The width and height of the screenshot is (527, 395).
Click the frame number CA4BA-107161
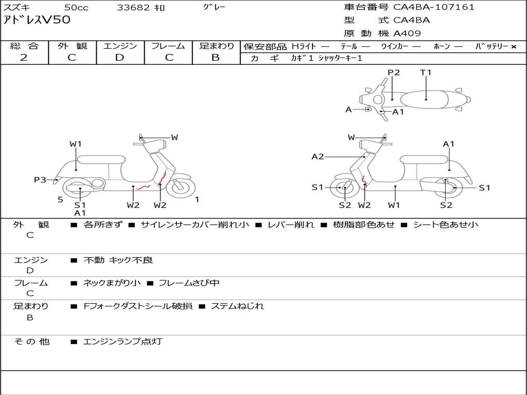(434, 7)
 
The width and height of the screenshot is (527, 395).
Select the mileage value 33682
(133, 8)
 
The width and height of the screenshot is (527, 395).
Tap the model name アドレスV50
(37, 21)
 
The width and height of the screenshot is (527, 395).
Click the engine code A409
(407, 33)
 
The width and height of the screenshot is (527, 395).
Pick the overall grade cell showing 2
(24, 58)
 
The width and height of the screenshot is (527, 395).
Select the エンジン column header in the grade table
(120, 46)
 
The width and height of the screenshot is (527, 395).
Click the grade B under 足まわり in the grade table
(216, 58)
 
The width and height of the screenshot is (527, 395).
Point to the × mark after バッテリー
(514, 46)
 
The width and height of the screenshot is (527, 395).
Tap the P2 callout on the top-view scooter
(394, 73)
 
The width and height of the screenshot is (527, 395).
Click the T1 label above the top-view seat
(426, 73)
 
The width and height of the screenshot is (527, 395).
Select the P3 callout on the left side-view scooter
(40, 179)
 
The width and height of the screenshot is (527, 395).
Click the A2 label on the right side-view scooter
(318, 156)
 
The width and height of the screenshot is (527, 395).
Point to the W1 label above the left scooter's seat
(76, 144)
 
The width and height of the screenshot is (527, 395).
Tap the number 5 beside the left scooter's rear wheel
(60, 200)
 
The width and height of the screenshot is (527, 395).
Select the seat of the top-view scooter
(426, 99)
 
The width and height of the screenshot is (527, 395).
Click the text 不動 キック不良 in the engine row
(118, 260)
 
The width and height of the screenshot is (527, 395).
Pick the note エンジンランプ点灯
(122, 341)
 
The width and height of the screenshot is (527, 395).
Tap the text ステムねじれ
(237, 306)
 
